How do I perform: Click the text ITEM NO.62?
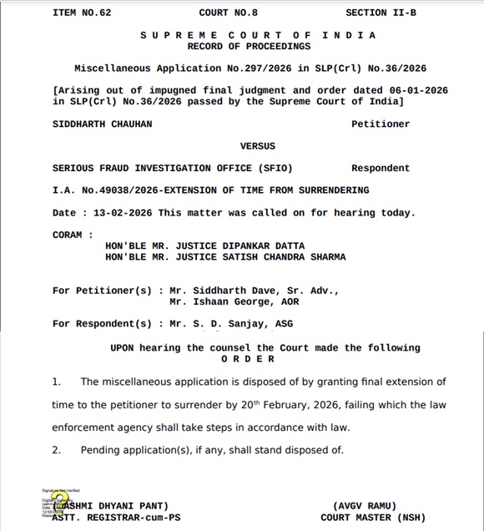(x=82, y=13)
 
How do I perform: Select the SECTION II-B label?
(x=378, y=13)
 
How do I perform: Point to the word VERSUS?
(x=257, y=146)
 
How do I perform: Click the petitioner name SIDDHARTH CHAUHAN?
(x=102, y=124)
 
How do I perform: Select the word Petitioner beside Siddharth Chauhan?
(x=381, y=124)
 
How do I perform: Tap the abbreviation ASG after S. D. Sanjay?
(x=285, y=324)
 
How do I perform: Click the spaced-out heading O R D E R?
(x=248, y=359)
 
